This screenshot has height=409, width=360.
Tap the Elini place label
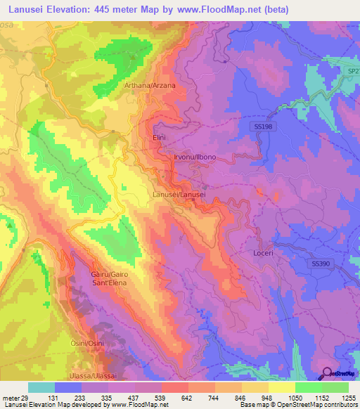[x=158, y=138]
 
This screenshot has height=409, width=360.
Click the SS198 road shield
[x=261, y=125]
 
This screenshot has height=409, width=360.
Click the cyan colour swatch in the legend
[x=41, y=387]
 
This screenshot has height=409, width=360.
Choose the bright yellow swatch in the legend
[x=282, y=387]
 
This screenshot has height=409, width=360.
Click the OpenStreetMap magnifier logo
[x=328, y=372]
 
